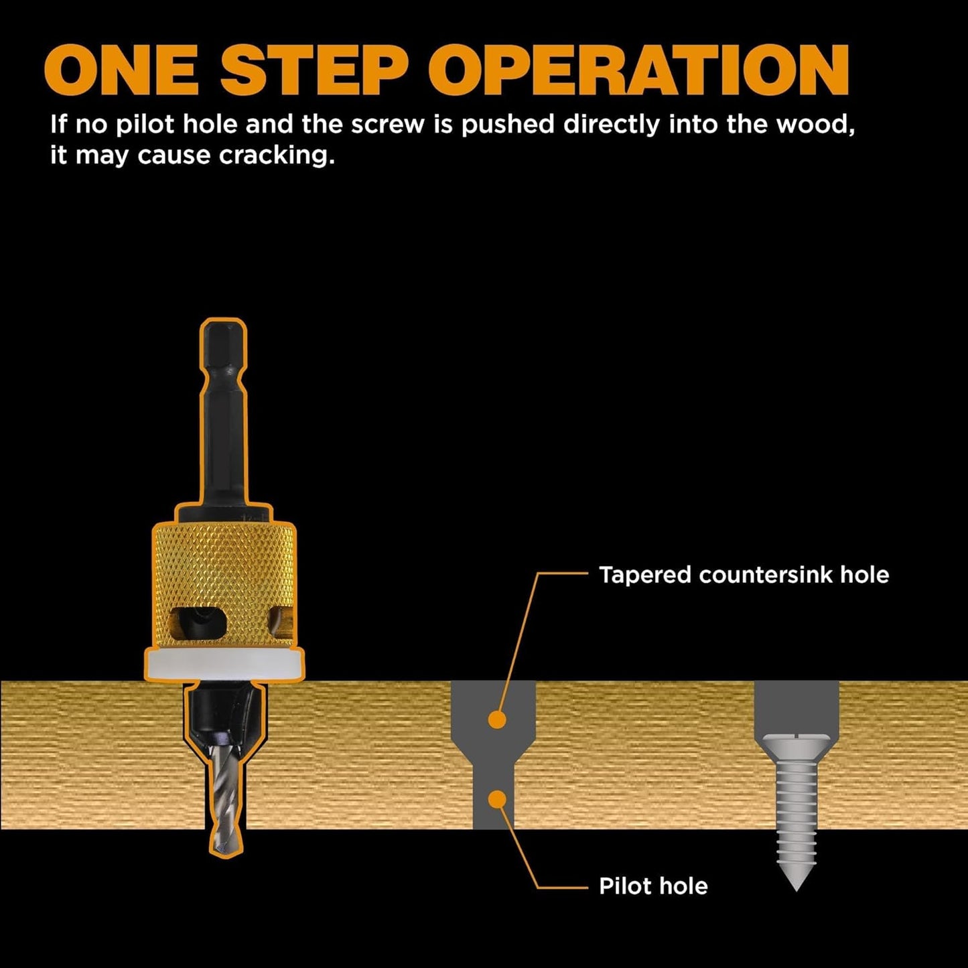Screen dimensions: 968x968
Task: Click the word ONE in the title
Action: pyautogui.click(x=120, y=70)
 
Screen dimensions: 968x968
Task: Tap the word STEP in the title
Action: pyautogui.click(x=314, y=70)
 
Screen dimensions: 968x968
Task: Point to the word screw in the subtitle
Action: pyautogui.click(x=387, y=125)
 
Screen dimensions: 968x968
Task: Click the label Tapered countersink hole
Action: pyautogui.click(x=744, y=575)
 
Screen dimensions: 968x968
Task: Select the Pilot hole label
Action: pyautogui.click(x=653, y=886)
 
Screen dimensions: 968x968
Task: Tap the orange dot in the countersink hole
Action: pyautogui.click(x=496, y=720)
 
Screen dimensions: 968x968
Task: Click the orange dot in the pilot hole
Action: pyautogui.click(x=496, y=799)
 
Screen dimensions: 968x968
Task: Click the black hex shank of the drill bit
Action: pyautogui.click(x=223, y=415)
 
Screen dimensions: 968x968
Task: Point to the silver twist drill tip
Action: pyautogui.click(x=224, y=804)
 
